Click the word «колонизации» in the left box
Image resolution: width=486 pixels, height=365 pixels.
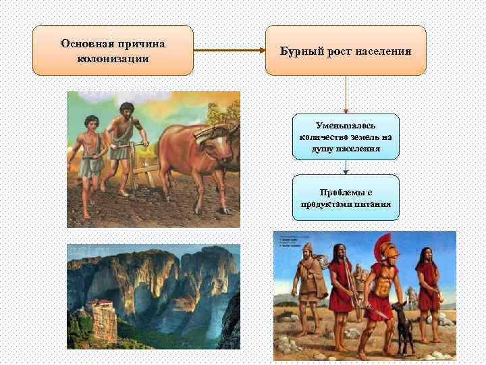(113, 58)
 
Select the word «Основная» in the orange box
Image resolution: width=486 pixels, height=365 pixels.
(87, 43)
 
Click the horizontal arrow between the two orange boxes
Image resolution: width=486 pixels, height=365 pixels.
(229, 50)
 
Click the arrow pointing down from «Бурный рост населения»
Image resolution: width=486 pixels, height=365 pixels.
(346, 94)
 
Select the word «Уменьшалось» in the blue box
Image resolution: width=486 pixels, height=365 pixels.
(346, 126)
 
